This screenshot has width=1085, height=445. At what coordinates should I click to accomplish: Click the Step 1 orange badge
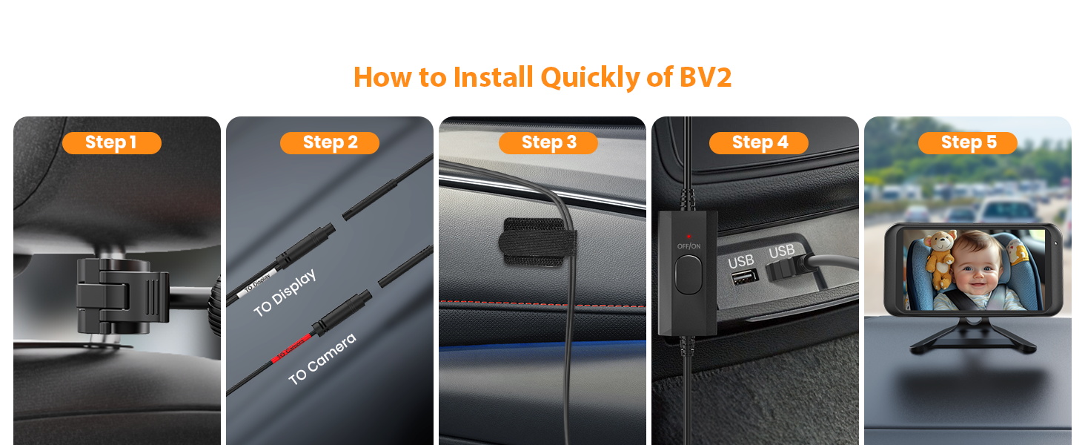tap(111, 142)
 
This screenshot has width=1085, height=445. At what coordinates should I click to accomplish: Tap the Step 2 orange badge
tap(330, 142)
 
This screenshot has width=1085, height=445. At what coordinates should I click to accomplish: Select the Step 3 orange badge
tap(548, 142)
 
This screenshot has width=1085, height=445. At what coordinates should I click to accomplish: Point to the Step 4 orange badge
tap(759, 142)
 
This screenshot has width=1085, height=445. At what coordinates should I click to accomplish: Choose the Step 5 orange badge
tap(968, 142)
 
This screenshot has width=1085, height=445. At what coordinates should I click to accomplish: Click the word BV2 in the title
tap(705, 77)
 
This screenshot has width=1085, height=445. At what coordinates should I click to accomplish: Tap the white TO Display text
tap(285, 292)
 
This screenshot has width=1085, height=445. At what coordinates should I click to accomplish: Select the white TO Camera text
tap(322, 359)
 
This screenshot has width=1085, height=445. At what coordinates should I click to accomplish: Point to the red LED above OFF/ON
tap(689, 236)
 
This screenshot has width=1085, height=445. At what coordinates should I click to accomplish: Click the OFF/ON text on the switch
tap(689, 245)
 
